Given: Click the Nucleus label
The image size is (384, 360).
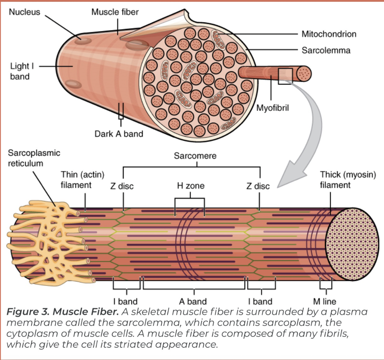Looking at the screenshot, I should click(24, 12).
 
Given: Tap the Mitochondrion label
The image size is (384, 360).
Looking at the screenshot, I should click(329, 34).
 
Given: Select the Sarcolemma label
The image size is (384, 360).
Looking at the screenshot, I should click(326, 50).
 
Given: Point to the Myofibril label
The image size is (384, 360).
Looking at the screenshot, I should click(273, 108).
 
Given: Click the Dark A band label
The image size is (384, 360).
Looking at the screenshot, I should click(119, 134).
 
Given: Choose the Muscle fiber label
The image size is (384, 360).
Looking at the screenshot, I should click(115, 12).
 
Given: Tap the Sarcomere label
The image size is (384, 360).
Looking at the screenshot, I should click(195, 156).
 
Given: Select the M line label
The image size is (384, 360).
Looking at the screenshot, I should click(325, 302).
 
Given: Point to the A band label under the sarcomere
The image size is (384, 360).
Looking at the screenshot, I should click(193, 302).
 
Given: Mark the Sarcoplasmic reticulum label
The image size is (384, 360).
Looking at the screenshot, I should click(34, 158).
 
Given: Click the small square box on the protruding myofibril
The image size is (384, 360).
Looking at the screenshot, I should click(285, 76).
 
